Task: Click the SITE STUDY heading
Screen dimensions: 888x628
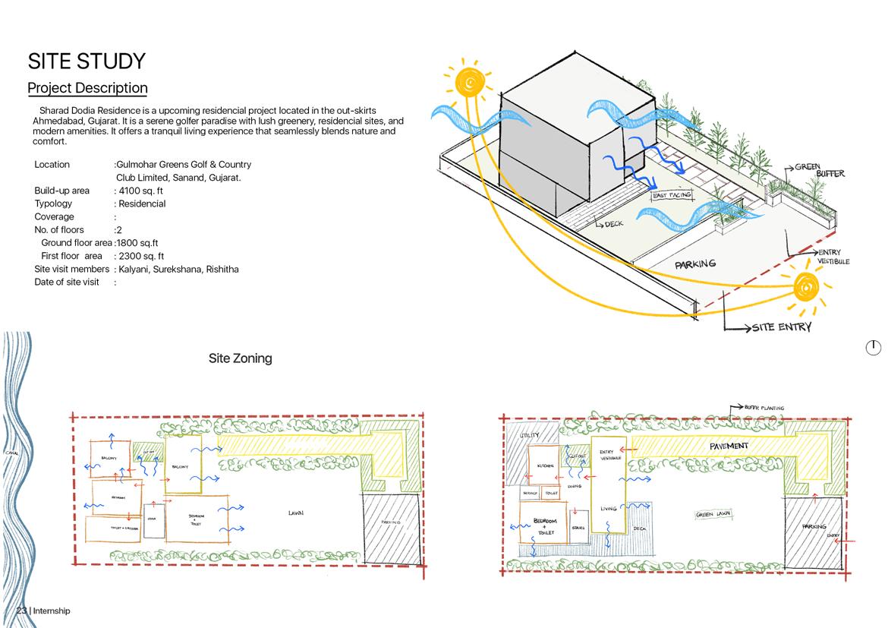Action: click(x=87, y=61)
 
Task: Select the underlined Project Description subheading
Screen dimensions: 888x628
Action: click(x=87, y=88)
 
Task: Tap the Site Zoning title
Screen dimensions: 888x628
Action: click(x=240, y=358)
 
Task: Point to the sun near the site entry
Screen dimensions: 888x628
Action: click(x=807, y=288)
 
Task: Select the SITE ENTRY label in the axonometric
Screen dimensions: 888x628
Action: click(x=782, y=327)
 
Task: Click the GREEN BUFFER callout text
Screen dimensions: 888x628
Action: click(x=819, y=169)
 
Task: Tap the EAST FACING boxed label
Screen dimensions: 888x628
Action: click(x=672, y=196)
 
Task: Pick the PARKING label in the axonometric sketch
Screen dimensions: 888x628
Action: click(x=695, y=264)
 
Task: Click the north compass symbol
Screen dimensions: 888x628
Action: click(x=874, y=348)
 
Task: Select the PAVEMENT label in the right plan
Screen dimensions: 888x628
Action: click(x=729, y=446)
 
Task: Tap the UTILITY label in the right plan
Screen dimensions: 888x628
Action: click(x=530, y=436)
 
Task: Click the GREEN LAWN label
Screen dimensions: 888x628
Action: click(x=713, y=515)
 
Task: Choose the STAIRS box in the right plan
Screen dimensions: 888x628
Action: click(x=578, y=528)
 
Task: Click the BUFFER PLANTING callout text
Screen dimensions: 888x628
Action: click(x=764, y=408)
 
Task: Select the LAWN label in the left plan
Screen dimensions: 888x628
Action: click(x=296, y=513)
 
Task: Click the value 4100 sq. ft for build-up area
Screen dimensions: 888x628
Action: click(x=141, y=191)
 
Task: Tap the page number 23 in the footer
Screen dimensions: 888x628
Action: click(x=21, y=611)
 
